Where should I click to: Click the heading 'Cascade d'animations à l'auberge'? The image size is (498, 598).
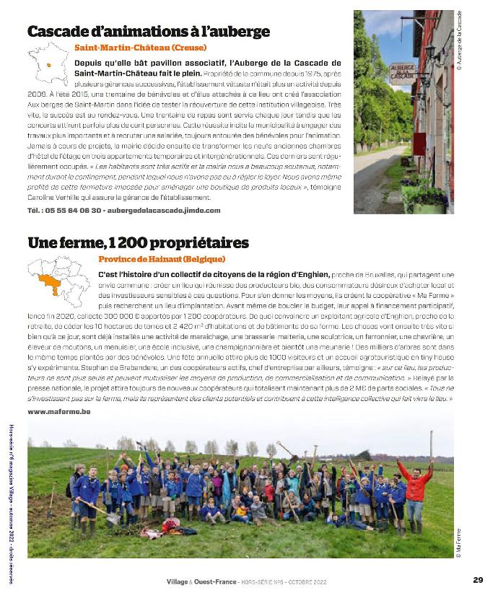click(148, 32)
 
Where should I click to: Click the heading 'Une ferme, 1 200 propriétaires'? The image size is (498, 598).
click(138, 242)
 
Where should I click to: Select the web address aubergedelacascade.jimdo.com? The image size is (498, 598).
click(163, 210)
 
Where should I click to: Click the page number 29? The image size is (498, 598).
click(478, 579)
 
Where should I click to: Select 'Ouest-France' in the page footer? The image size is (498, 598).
click(217, 580)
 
